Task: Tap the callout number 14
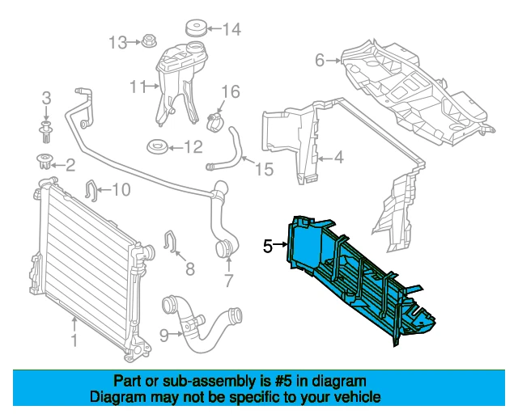[231, 31]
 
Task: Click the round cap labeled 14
[195, 27]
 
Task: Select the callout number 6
[320, 60]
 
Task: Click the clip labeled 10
[91, 191]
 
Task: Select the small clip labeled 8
[172, 241]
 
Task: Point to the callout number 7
[228, 281]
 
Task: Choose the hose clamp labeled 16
[216, 121]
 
